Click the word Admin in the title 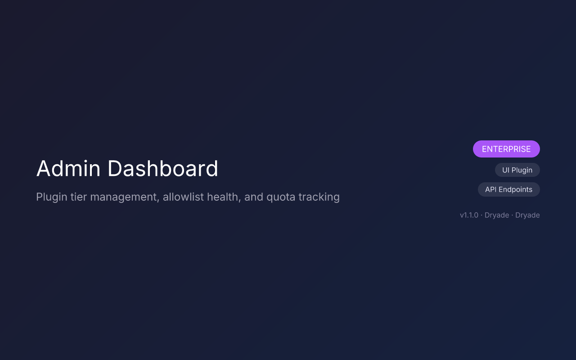point(68,169)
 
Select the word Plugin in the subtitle point(51,197)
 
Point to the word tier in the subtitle point(78,197)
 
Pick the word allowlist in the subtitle point(183,197)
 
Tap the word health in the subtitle point(222,197)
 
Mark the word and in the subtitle point(253,197)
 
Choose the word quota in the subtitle point(280,197)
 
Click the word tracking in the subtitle point(319,197)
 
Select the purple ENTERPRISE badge point(506,149)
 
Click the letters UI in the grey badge point(506,170)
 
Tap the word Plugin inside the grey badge point(522,170)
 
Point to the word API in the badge point(491,189)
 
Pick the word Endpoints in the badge point(516,189)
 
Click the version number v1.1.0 point(469,215)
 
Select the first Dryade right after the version point(497,215)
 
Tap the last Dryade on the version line point(527,215)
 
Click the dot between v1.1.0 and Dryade point(481,215)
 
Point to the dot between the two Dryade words point(512,215)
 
